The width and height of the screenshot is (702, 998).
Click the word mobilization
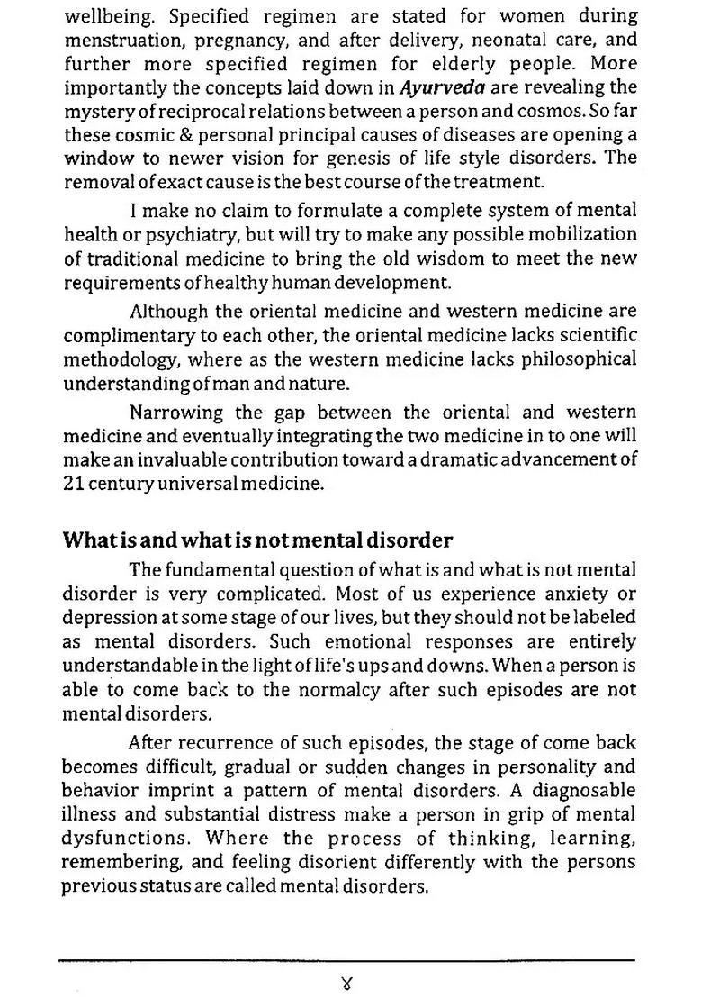[583, 234]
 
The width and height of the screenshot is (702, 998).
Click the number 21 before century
[73, 483]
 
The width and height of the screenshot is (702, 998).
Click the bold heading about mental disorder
[257, 540]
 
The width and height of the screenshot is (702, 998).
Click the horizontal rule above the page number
[347, 961]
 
